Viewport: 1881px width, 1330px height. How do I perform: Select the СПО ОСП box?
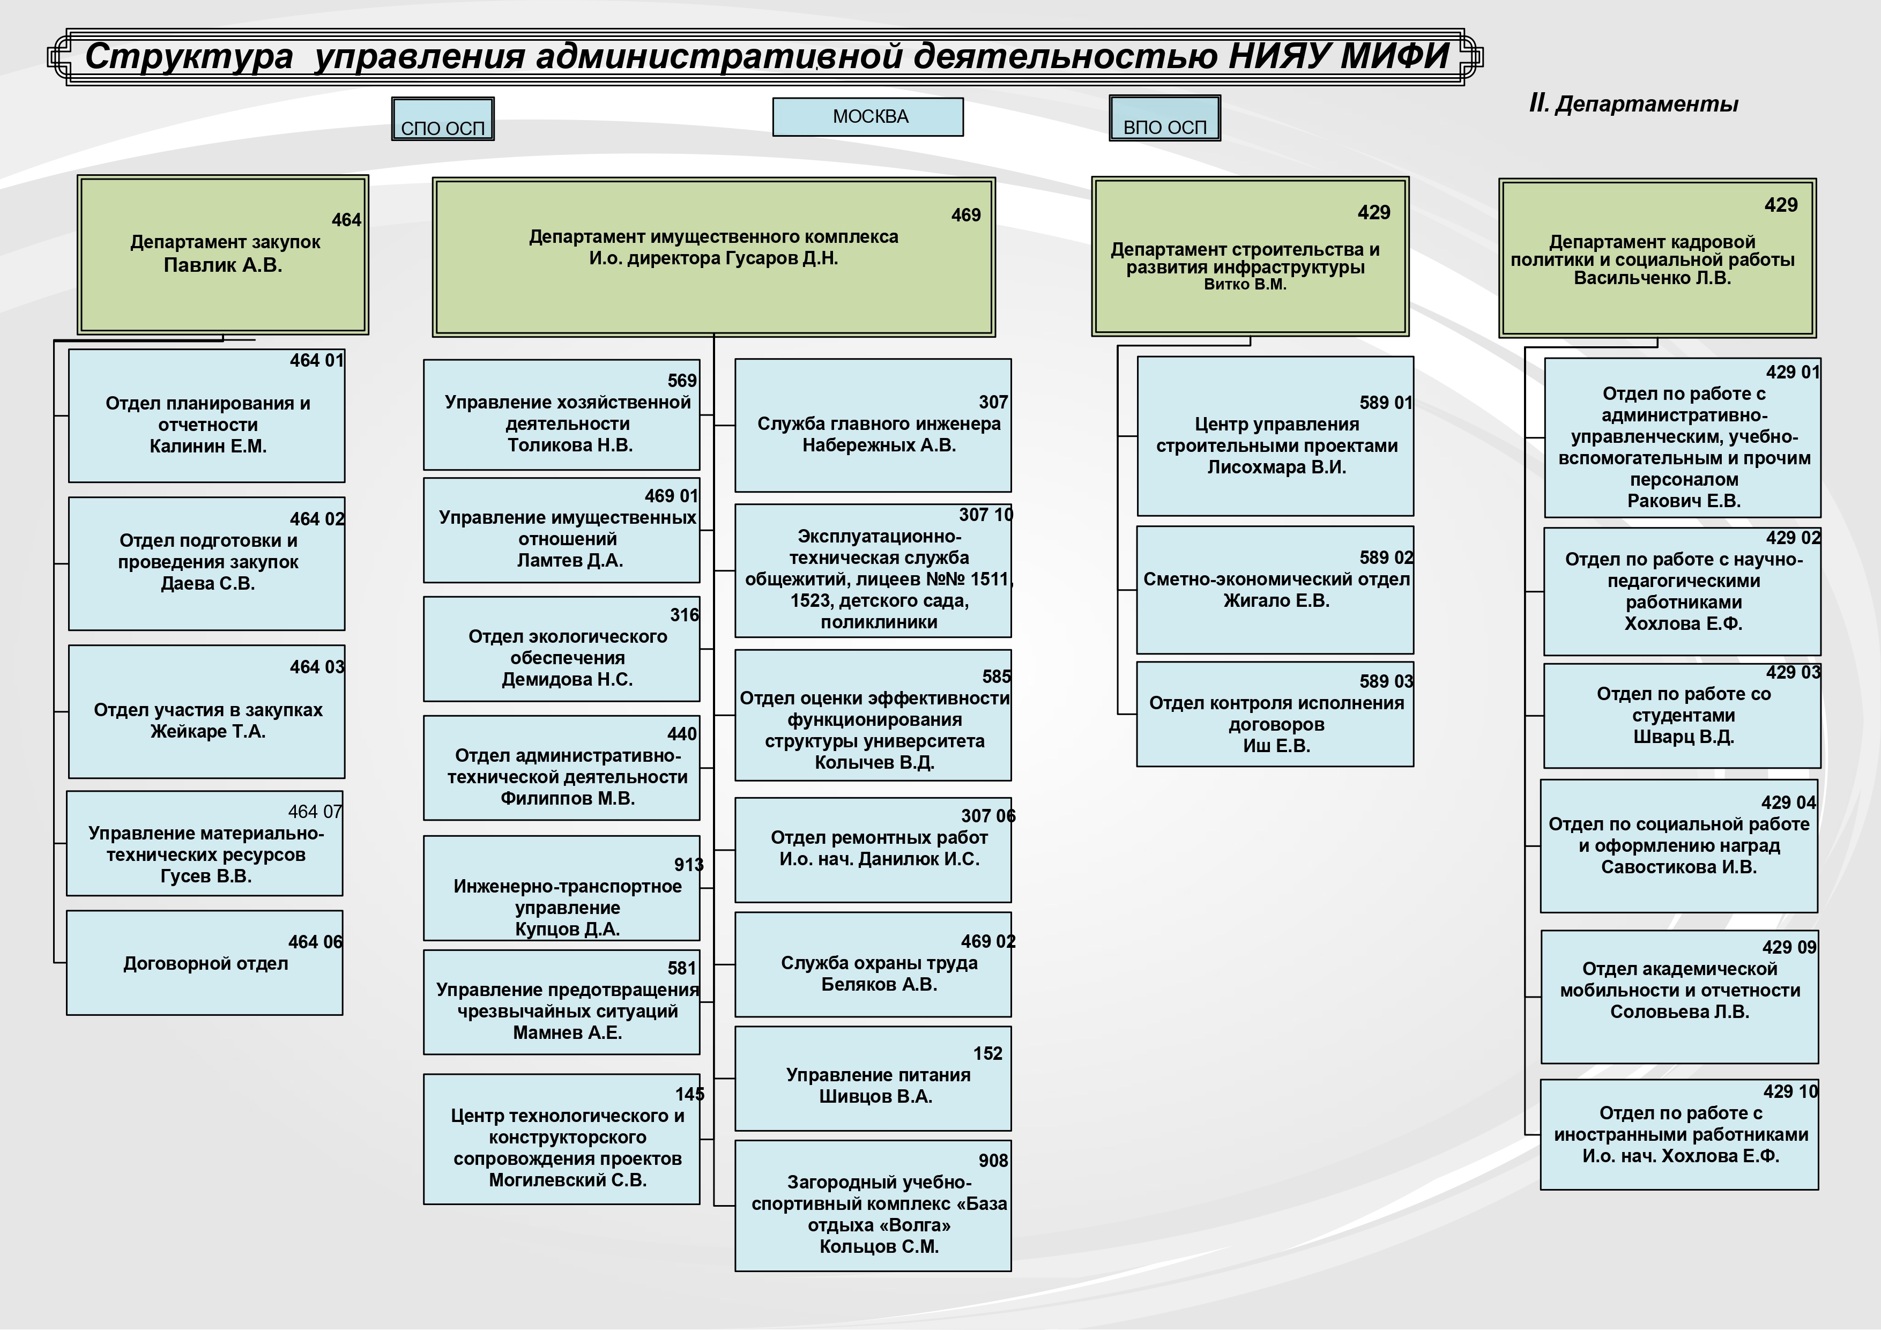(x=442, y=119)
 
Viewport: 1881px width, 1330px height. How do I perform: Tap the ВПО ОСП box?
(x=1164, y=118)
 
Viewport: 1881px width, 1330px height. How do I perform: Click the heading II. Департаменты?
(x=1633, y=104)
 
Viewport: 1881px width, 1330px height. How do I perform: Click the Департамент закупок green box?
(x=223, y=255)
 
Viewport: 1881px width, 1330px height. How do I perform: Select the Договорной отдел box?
(x=205, y=963)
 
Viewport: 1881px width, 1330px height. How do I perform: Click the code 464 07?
(x=315, y=811)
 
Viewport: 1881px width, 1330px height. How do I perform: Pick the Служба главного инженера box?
(x=873, y=425)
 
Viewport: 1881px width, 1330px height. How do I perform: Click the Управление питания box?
(x=873, y=1079)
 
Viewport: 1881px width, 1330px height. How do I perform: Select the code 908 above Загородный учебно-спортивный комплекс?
(x=993, y=1161)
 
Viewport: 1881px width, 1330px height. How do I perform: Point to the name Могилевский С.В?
(x=568, y=1180)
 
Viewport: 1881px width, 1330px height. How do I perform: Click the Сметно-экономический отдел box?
(x=1275, y=590)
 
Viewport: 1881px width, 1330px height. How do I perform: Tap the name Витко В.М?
(x=1245, y=284)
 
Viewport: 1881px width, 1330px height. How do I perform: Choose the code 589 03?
(x=1386, y=681)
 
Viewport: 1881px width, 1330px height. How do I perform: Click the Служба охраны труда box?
(x=873, y=964)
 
